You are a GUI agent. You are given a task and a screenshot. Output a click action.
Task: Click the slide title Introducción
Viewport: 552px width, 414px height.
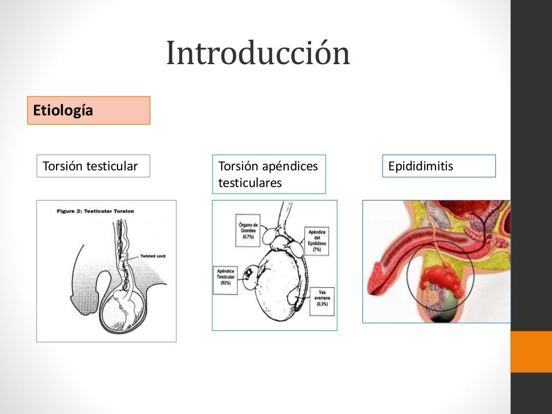tap(258, 53)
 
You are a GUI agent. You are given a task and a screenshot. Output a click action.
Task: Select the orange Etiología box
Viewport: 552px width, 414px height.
tap(88, 111)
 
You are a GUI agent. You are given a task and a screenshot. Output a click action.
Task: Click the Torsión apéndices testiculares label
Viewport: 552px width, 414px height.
tap(269, 174)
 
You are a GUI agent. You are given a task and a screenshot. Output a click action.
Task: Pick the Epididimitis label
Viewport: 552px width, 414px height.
tap(438, 166)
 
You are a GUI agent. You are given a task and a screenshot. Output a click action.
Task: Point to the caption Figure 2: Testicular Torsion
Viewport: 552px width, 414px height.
tap(95, 211)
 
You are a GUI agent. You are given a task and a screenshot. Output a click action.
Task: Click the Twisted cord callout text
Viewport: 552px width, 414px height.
tap(153, 256)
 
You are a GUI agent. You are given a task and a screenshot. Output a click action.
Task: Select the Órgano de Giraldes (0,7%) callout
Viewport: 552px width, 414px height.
tap(249, 230)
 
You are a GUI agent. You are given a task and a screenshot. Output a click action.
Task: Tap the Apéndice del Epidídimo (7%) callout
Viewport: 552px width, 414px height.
tap(316, 240)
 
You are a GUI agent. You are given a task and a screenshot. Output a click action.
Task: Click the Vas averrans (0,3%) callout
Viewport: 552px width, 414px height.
tap(323, 299)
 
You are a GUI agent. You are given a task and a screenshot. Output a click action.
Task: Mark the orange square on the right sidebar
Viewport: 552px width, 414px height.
tap(531, 351)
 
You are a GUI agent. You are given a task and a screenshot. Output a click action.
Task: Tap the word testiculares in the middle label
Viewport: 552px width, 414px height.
tap(250, 183)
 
